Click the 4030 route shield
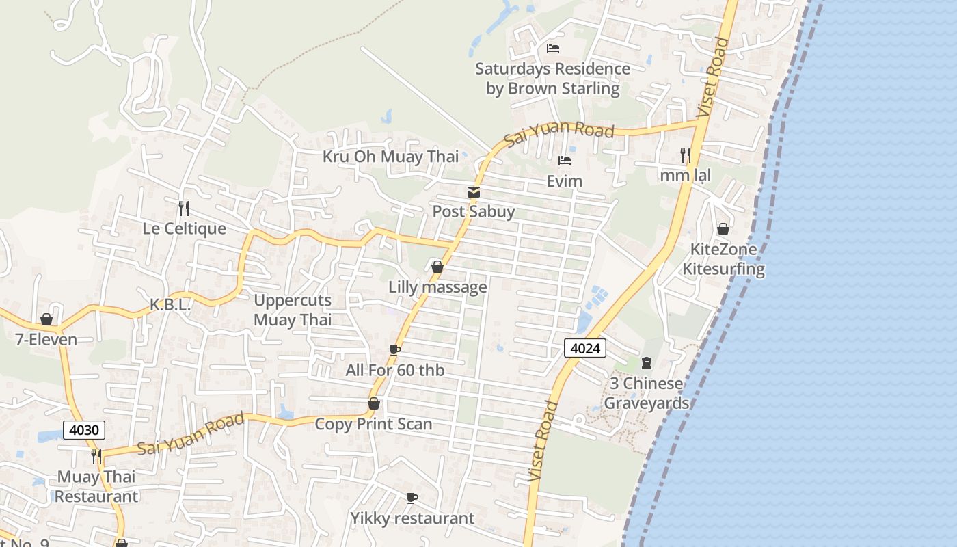[84, 430]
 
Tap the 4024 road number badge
[585, 348]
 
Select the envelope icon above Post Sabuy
[473, 192]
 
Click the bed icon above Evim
[565, 161]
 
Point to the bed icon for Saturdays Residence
[553, 48]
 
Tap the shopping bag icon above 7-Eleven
[46, 319]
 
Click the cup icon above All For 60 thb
[394, 350]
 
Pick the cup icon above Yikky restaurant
[412, 498]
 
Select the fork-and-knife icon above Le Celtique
[183, 208]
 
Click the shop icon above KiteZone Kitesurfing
[723, 228]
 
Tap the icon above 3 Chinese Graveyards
[646, 363]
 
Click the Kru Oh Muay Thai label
[390, 157]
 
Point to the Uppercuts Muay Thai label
[293, 310]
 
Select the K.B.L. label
[170, 305]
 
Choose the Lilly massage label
[437, 286]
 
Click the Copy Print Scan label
[373, 424]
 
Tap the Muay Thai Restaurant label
[96, 486]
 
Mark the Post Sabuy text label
[473, 211]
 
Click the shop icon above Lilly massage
[437, 267]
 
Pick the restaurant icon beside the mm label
[685, 155]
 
